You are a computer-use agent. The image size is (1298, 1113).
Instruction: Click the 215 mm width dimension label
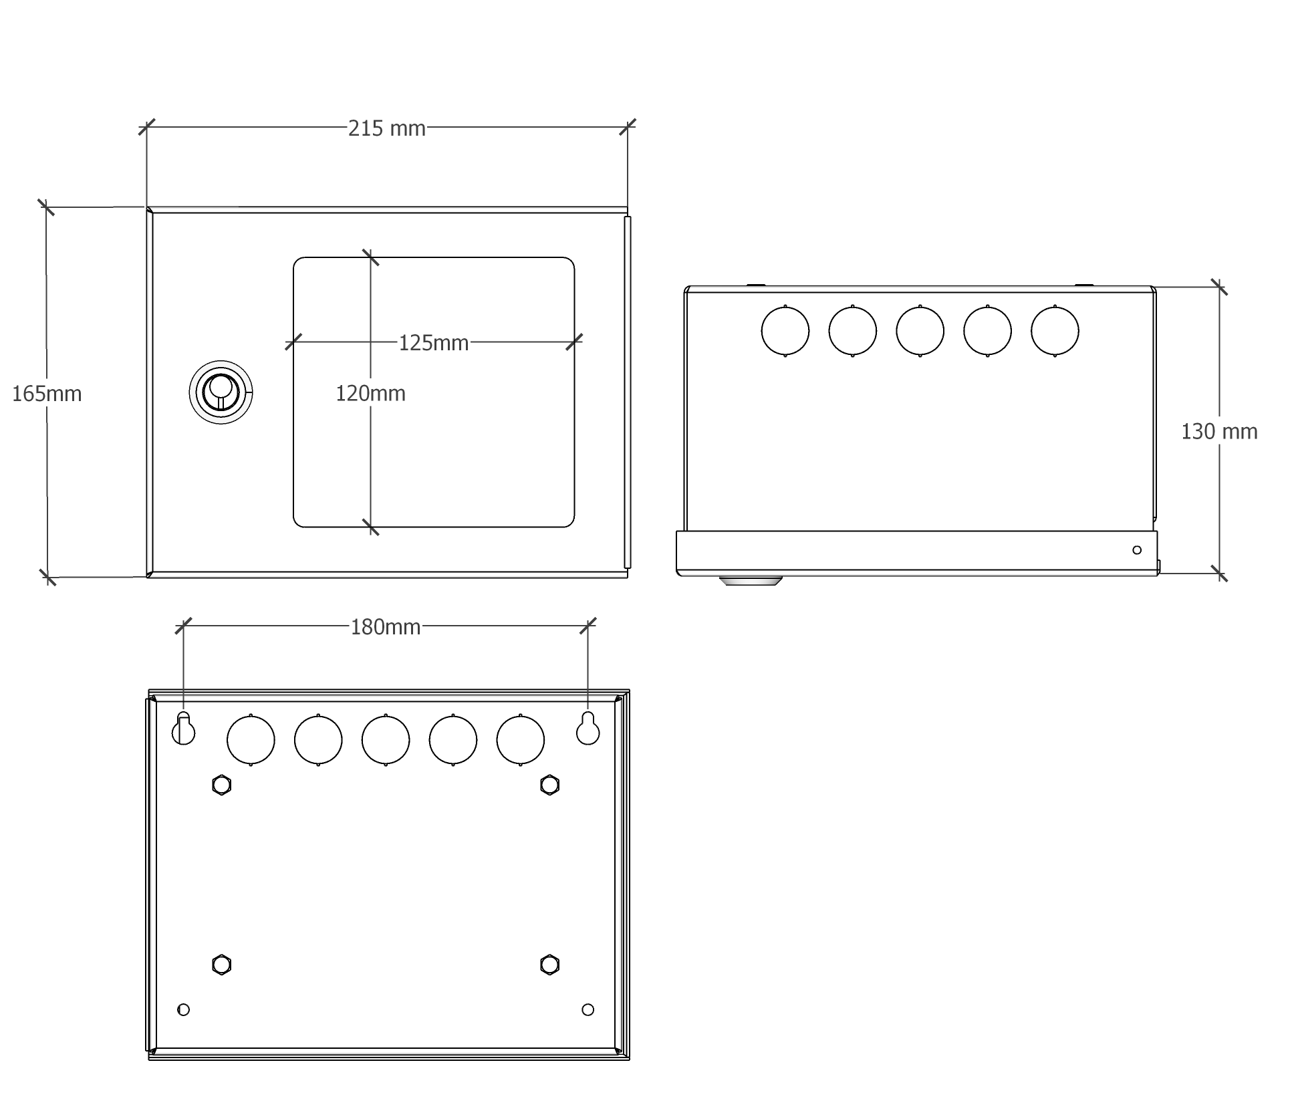click(386, 128)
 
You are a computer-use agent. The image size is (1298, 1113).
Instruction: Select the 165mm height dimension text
click(47, 394)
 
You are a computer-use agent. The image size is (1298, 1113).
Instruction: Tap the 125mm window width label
click(433, 343)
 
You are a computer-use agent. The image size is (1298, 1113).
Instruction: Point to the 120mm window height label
click(370, 393)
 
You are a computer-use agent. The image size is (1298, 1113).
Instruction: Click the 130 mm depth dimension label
click(1218, 432)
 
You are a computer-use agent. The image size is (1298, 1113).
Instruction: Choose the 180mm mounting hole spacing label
click(385, 627)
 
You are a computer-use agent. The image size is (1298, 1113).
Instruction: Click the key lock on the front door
click(221, 392)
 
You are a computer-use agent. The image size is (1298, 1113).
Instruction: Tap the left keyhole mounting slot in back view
click(184, 729)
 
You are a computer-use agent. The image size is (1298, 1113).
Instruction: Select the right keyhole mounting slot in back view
click(588, 729)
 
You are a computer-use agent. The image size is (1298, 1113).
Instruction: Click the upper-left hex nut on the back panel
click(221, 784)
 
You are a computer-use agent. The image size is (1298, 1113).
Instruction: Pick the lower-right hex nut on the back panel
click(549, 965)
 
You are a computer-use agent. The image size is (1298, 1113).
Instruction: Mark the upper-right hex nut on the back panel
click(549, 784)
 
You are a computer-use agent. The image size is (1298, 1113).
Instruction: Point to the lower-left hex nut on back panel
click(221, 965)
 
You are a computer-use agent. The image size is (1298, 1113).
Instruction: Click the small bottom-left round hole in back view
click(184, 1009)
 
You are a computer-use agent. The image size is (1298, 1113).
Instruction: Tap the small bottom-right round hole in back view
click(588, 1009)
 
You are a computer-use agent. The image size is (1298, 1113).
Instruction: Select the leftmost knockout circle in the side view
click(785, 331)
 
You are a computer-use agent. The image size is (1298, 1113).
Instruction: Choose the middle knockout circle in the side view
click(920, 331)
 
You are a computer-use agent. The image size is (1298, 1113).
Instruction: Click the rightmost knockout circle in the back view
click(520, 740)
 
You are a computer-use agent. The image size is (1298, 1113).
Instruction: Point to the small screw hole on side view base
click(1137, 550)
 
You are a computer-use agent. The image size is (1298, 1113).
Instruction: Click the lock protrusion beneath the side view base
click(750, 580)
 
